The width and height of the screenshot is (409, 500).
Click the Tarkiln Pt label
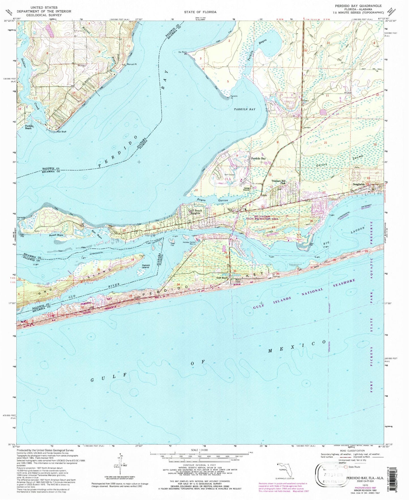click(x=234, y=97)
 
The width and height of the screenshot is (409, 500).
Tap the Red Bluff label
click(x=61, y=132)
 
